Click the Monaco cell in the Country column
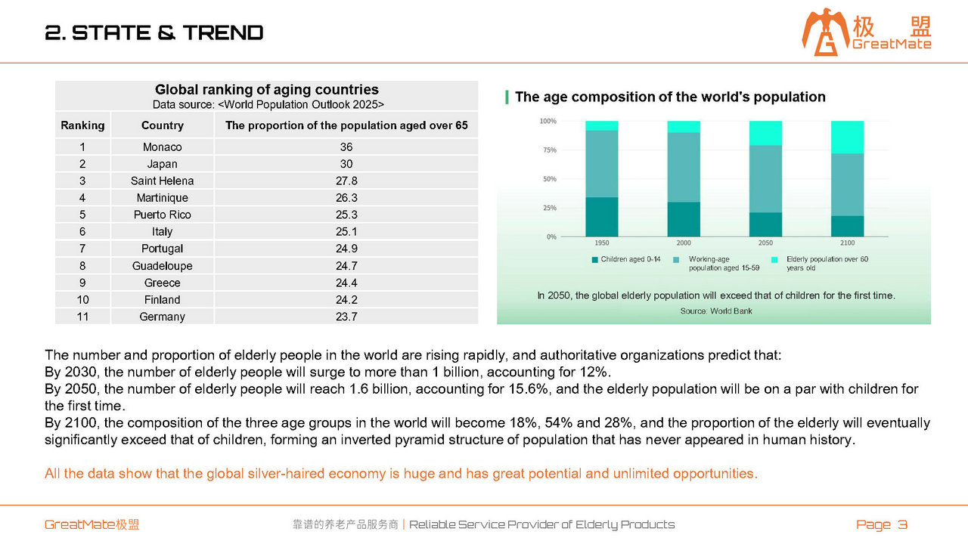[162, 147]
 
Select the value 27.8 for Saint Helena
[346, 181]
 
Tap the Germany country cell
[162, 317]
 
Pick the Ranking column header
[82, 125]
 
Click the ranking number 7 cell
[82, 249]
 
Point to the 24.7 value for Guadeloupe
[346, 265]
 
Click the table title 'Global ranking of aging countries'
[267, 89]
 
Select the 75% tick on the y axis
[550, 150]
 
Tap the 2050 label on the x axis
[765, 243]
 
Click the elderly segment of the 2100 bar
[848, 138]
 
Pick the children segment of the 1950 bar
[601, 217]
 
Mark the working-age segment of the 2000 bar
[684, 167]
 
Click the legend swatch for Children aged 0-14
[594, 259]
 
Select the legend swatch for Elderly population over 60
[774, 259]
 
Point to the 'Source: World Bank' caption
[716, 311]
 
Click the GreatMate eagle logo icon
[824, 32]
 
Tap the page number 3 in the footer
[902, 524]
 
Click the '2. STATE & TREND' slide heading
[154, 32]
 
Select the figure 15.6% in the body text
[528, 389]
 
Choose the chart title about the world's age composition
[670, 97]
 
